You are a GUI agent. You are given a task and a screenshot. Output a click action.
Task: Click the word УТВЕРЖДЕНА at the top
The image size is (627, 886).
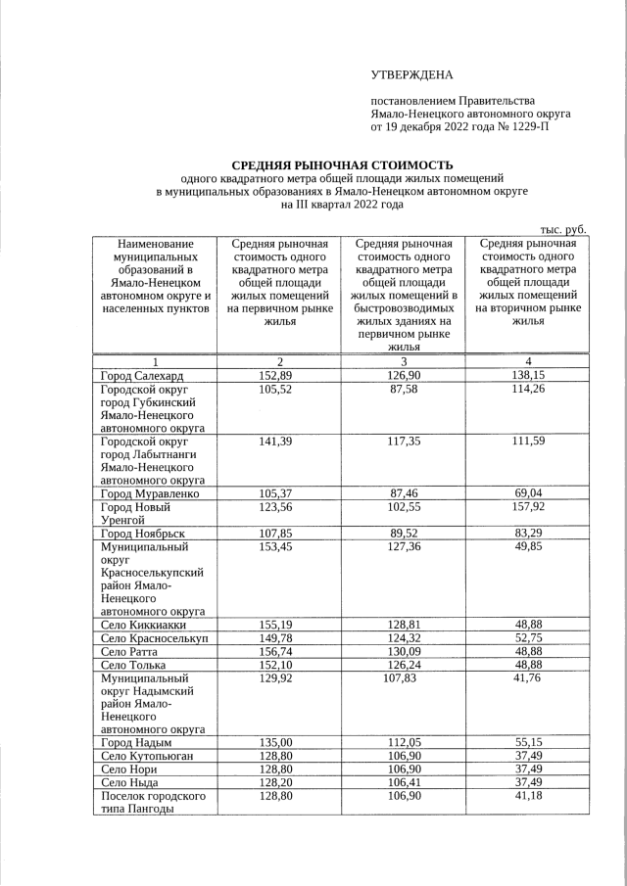(412, 75)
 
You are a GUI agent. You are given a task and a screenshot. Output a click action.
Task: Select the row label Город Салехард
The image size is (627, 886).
(142, 376)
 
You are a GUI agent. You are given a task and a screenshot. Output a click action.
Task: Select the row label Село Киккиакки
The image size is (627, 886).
(144, 625)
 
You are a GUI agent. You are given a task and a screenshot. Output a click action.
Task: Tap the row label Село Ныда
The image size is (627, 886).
(132, 782)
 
